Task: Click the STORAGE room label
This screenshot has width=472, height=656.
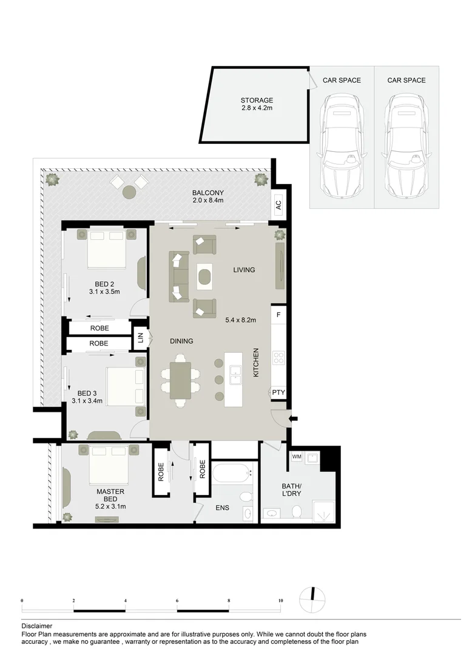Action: click(x=257, y=101)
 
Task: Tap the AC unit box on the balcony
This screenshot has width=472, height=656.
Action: click(x=278, y=206)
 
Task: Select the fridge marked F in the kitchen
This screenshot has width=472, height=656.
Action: click(x=278, y=315)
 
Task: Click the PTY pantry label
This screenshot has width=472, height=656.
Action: click(x=278, y=393)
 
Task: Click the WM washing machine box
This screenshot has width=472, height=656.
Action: click(x=297, y=456)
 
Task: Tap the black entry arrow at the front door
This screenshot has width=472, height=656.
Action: click(x=294, y=419)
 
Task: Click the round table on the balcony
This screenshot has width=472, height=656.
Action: click(x=129, y=192)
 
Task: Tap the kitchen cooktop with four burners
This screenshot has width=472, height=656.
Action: click(x=278, y=358)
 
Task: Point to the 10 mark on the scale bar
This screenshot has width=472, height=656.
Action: click(x=280, y=601)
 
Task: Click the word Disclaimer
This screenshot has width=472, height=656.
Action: click(x=36, y=626)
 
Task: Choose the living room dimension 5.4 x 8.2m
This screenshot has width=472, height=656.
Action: click(x=240, y=319)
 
